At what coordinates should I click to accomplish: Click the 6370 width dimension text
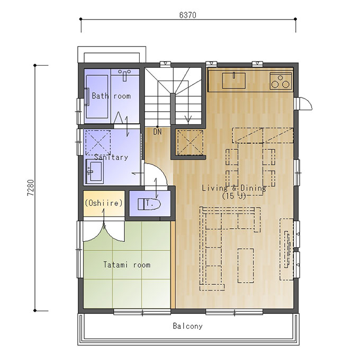[187, 15]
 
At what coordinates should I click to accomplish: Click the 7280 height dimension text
[31, 187]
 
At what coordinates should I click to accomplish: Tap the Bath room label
[111, 96]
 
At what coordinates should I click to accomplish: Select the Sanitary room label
[111, 157]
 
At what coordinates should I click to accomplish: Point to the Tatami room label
[127, 265]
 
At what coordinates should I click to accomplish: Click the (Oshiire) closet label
[104, 203]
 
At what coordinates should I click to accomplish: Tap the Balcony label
[187, 326]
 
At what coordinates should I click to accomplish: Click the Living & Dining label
[234, 188]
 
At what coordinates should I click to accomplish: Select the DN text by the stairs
[157, 132]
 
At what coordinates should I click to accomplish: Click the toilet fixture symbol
[149, 204]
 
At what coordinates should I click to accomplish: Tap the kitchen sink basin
[234, 80]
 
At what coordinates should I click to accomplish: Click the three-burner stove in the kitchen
[281, 81]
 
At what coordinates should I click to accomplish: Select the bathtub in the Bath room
[97, 96]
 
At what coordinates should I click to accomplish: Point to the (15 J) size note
[234, 196]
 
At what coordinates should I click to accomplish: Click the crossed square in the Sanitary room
[98, 142]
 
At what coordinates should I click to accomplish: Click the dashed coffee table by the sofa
[246, 265]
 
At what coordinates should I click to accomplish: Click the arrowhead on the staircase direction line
[188, 119]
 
